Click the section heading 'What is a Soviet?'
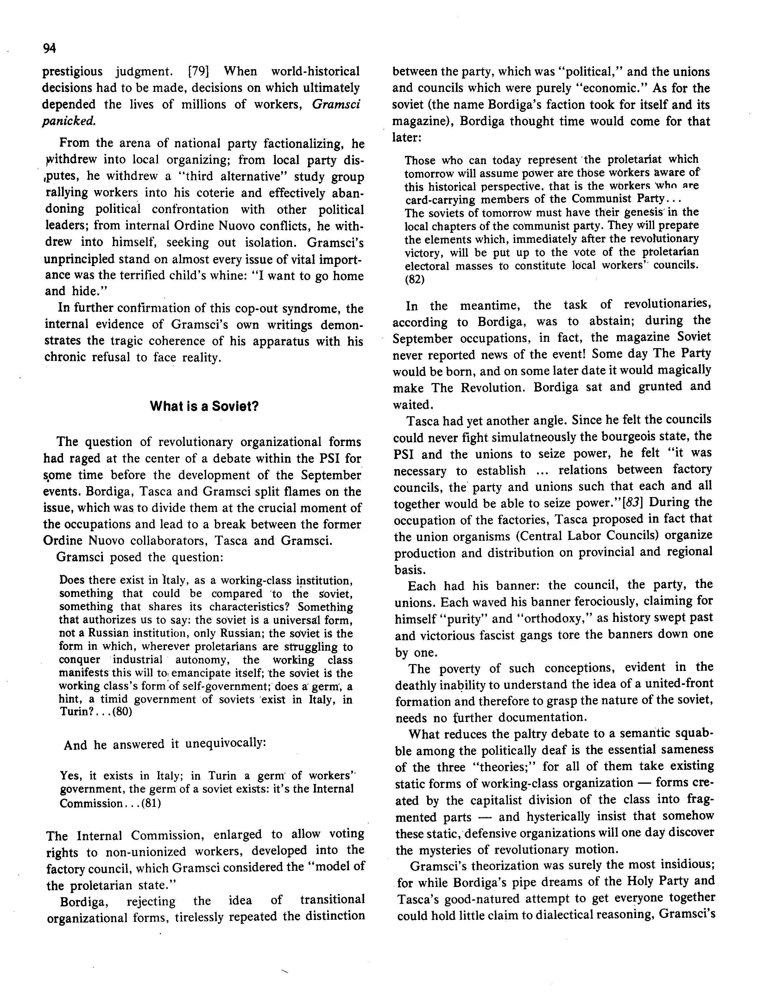(x=204, y=406)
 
